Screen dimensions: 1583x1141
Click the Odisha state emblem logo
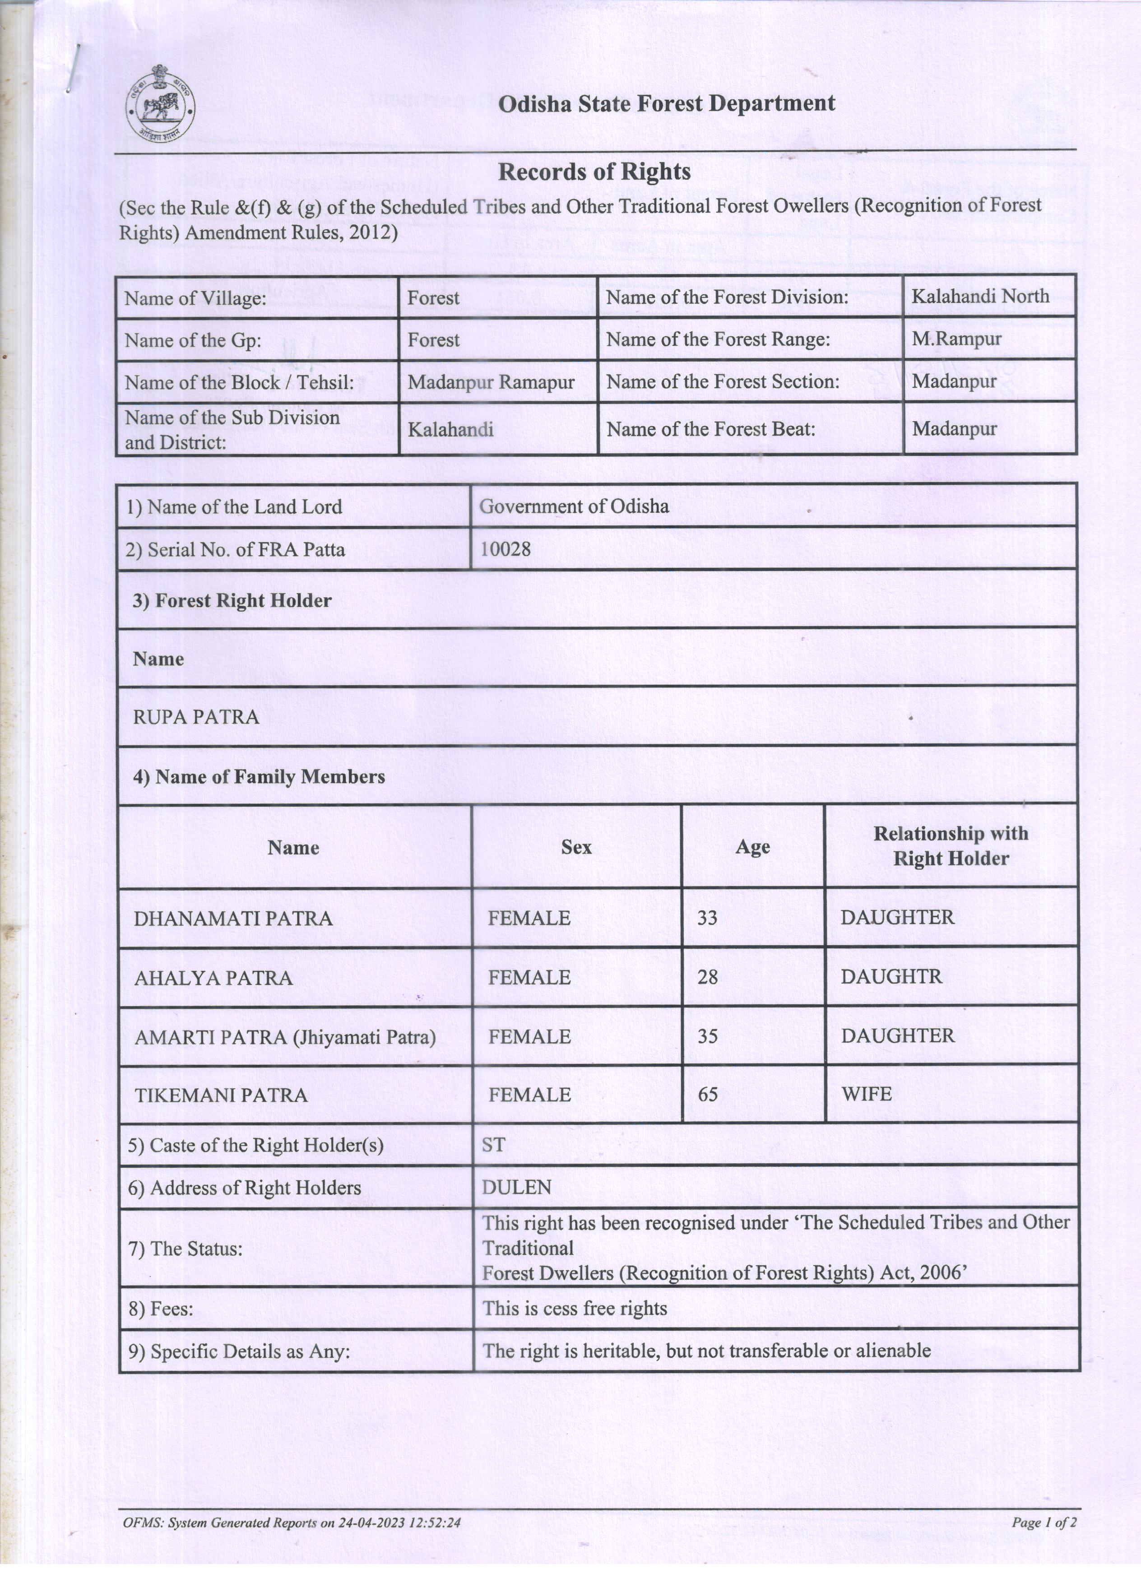[160, 108]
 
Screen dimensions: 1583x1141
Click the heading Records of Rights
[594, 172]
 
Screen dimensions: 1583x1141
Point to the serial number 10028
[505, 549]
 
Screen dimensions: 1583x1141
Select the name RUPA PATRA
[196, 717]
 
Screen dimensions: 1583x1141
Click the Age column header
[752, 847]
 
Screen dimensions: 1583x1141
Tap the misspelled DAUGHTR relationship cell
[891, 976]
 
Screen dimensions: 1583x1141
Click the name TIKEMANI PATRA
[221, 1095]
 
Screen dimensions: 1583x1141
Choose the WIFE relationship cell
[867, 1094]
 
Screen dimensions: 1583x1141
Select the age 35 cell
[708, 1036]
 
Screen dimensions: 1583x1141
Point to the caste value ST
[493, 1145]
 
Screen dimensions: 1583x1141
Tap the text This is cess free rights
[575, 1308]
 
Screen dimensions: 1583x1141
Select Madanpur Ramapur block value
[491, 382]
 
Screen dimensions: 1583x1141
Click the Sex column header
[576, 847]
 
